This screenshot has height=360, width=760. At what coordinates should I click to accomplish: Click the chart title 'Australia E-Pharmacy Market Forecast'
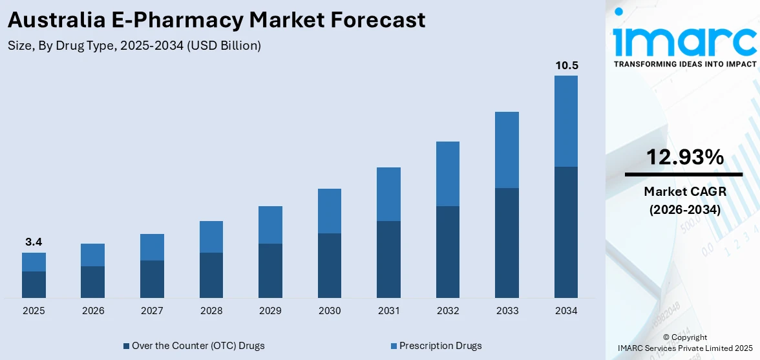[216, 19]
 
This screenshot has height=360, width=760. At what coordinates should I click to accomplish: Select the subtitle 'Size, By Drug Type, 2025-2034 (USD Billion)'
[134, 46]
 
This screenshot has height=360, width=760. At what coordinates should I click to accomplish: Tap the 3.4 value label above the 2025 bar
[34, 242]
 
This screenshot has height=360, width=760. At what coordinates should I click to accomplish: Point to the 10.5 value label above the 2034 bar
[565, 65]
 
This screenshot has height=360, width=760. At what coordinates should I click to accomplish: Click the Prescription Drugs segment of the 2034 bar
[565, 121]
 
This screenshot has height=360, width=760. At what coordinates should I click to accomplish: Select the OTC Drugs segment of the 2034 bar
[565, 232]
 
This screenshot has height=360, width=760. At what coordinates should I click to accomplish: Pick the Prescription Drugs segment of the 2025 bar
[34, 262]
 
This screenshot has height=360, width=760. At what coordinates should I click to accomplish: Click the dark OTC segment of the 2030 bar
[330, 265]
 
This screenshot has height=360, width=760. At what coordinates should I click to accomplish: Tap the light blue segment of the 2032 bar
[448, 174]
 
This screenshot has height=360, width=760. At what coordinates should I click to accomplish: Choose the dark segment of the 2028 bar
[211, 275]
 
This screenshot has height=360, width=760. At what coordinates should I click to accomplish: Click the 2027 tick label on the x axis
[152, 311]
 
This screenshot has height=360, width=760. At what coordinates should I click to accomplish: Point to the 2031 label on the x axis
[388, 311]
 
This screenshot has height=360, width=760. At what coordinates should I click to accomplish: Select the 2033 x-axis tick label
[507, 311]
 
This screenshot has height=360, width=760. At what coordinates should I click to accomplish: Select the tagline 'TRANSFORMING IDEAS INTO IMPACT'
[684, 65]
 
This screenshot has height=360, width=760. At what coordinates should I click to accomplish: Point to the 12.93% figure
[684, 157]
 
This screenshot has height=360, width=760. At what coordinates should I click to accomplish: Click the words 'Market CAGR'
[684, 191]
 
